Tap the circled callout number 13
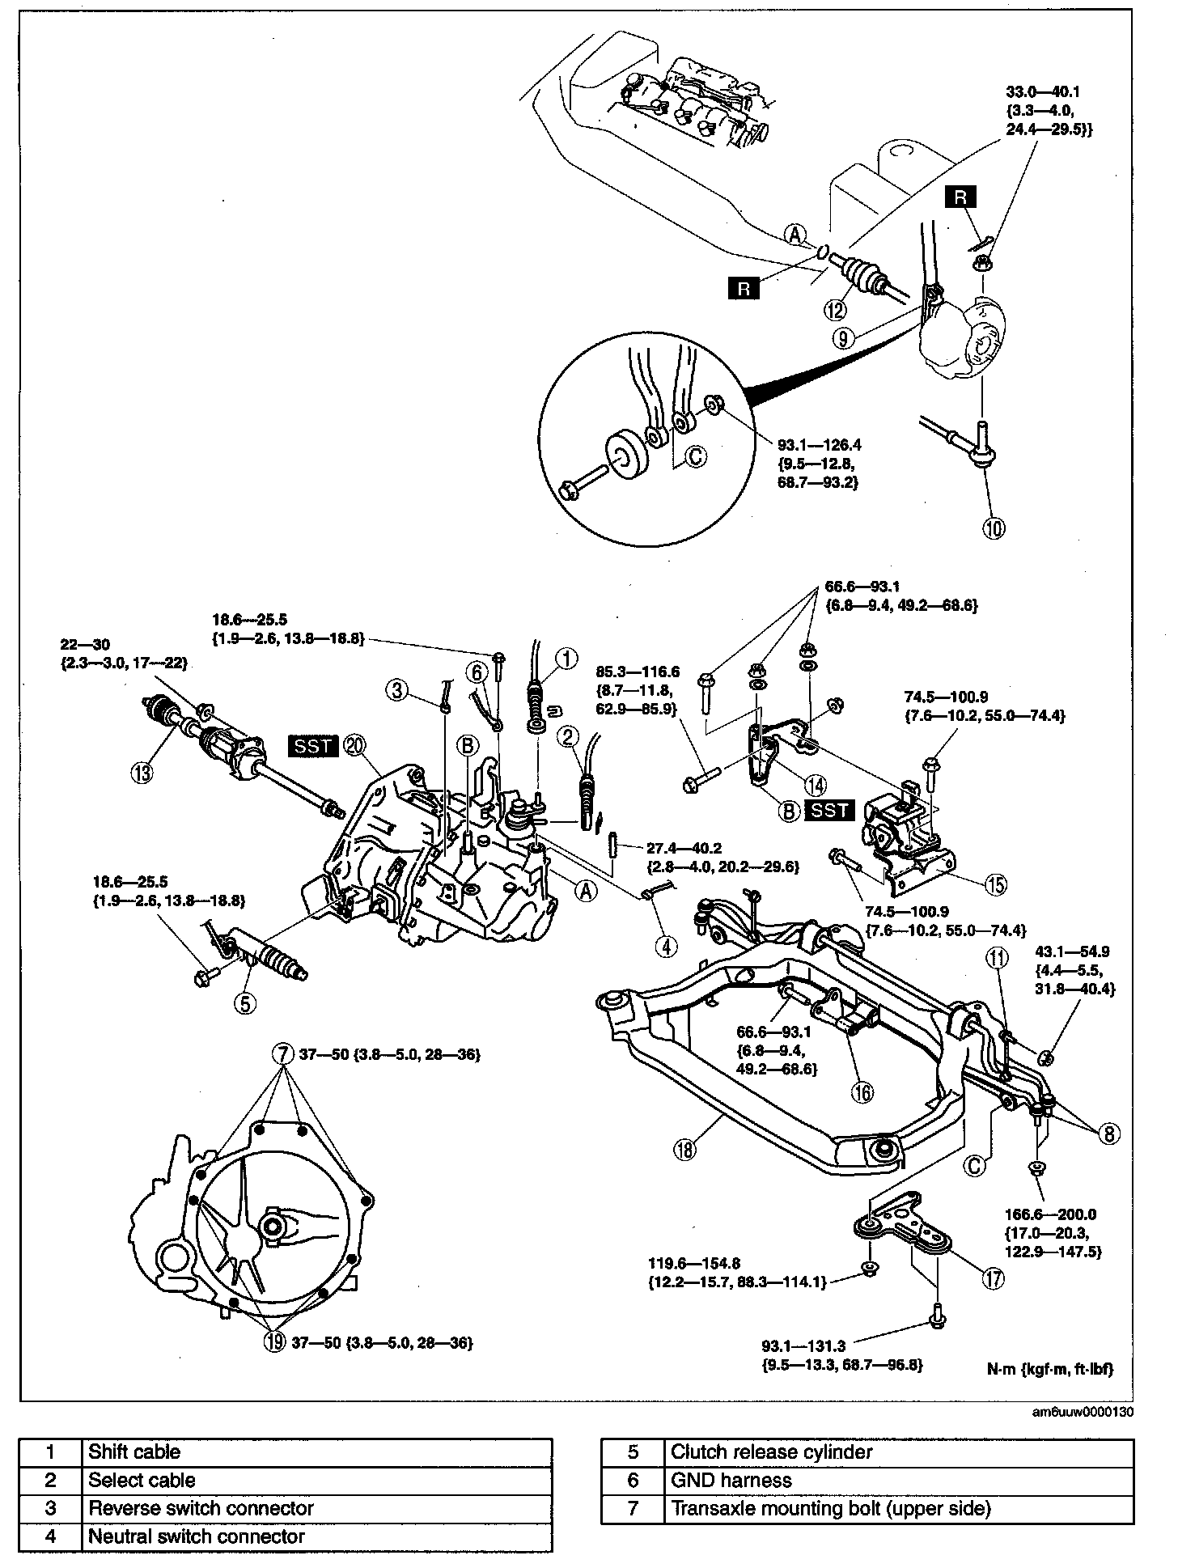[142, 773]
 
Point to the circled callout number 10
[994, 528]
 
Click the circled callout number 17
[993, 1278]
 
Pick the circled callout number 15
[995, 885]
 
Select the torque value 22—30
[83, 645]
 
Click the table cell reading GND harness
[897, 1480]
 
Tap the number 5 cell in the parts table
[632, 1452]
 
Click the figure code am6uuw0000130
[1082, 1413]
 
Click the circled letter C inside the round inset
[695, 457]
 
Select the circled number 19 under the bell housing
[275, 1342]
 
